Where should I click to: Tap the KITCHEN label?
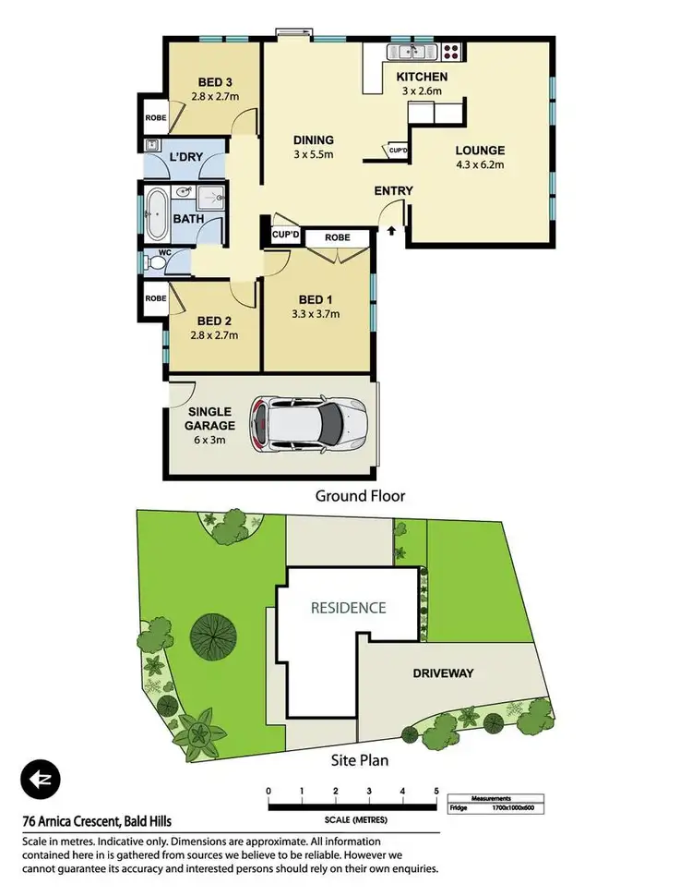click(x=422, y=77)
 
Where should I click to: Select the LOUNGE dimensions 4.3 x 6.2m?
click(x=480, y=168)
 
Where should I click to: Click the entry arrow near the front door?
click(x=391, y=231)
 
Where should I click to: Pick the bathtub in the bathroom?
click(x=156, y=202)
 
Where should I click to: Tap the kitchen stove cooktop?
click(x=450, y=51)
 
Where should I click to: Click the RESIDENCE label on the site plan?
click(x=348, y=608)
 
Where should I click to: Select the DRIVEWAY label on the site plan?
click(x=443, y=673)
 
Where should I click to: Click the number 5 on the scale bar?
click(x=436, y=792)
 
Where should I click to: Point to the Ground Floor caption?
click(x=360, y=496)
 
